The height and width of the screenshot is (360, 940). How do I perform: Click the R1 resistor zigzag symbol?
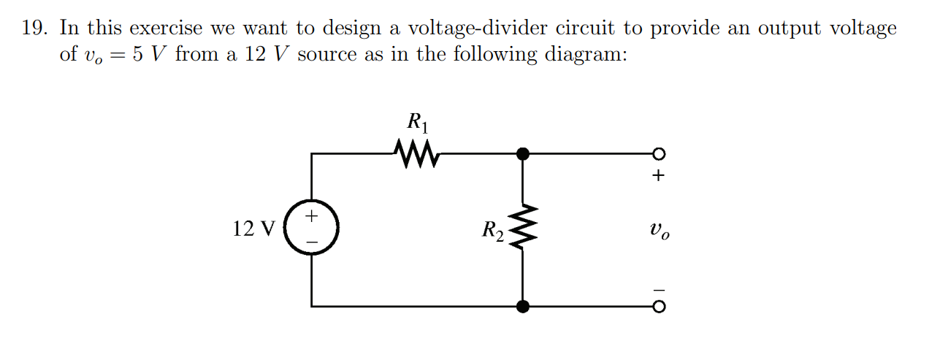416,153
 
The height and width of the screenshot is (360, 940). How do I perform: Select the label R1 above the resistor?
417,122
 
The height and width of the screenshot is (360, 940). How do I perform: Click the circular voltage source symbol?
312,229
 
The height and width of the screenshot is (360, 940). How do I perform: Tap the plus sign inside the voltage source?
312,216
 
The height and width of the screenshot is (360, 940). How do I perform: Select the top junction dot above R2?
522,153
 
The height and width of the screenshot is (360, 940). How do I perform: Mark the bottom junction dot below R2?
522,307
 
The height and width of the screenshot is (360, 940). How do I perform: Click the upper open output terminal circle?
659,153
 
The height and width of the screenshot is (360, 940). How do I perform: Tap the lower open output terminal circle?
659,307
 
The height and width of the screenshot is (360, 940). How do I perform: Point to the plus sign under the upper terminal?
659,176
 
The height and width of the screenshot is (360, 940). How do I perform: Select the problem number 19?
36,29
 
